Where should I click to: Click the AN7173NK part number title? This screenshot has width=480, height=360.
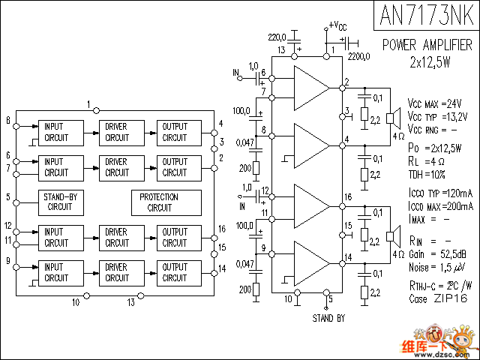425,15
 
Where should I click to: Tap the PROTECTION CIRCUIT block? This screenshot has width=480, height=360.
160,202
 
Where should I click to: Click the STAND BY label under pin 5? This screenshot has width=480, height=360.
328,318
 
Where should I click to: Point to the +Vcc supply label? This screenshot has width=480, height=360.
337,26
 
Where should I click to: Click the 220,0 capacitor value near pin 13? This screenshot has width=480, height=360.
278,36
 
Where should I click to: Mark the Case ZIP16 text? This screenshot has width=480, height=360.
438,298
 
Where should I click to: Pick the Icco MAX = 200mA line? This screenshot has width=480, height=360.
441,205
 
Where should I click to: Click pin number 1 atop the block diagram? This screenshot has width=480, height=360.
88,103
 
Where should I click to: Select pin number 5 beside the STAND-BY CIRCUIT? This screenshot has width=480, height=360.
7,197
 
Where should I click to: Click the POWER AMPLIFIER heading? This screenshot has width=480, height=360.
426,45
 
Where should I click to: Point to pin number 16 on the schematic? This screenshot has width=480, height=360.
348,196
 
